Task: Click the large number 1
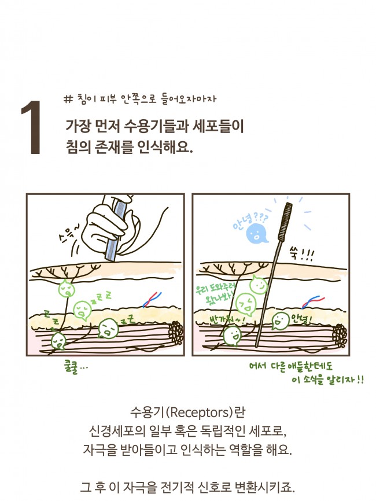coord(31,128)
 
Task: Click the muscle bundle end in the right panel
coord(339,334)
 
